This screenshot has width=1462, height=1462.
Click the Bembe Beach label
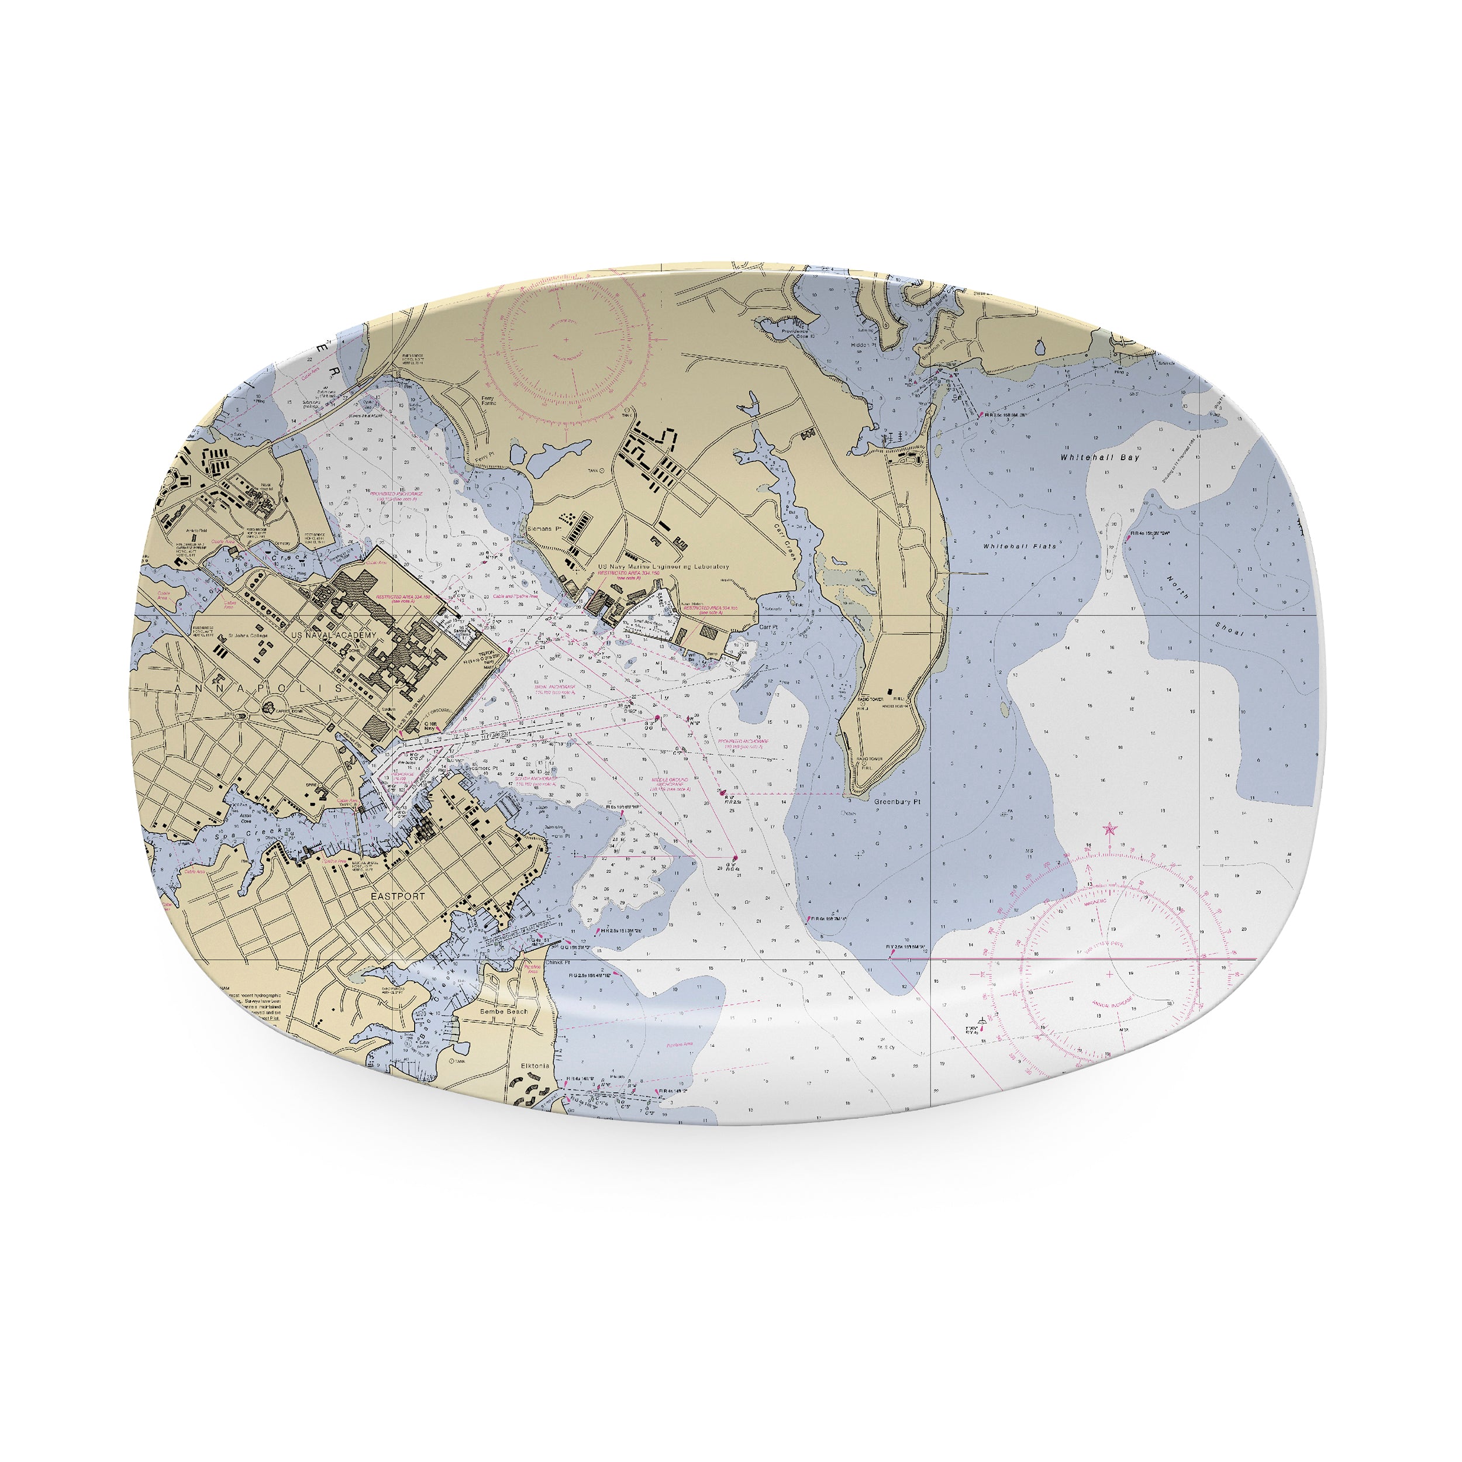click(504, 1011)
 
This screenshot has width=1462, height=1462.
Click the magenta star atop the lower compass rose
click(1110, 829)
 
